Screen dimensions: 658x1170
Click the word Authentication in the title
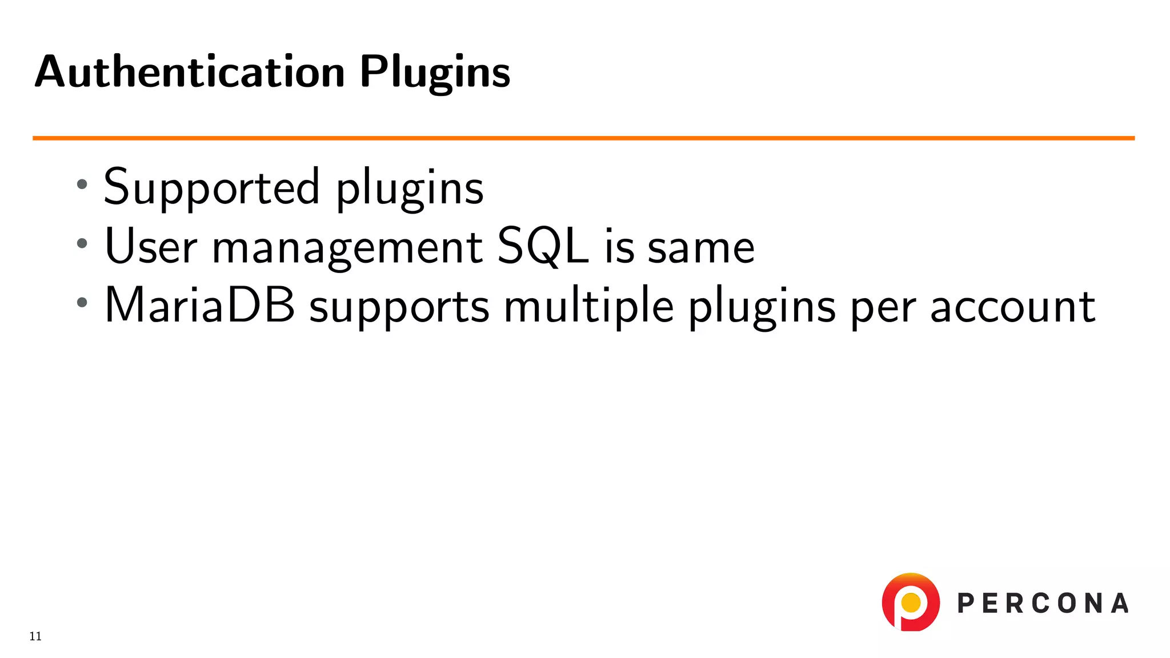[x=190, y=72]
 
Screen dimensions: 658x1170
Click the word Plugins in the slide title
[x=435, y=73]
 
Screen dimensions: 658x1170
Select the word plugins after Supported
[x=410, y=188]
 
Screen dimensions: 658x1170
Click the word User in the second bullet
[x=151, y=246]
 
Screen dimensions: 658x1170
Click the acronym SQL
[x=543, y=246]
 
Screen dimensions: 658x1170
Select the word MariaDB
[x=200, y=306]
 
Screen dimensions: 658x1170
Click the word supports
[x=399, y=308]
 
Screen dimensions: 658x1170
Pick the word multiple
[x=588, y=307]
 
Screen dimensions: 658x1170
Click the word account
[x=1012, y=307]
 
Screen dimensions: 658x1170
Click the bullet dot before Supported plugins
[x=82, y=184]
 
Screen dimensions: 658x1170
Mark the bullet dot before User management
[x=82, y=243]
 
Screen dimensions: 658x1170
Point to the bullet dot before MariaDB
[x=82, y=302]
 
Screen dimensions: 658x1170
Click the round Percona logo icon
[x=911, y=602]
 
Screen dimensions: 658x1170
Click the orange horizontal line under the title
[x=583, y=138]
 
